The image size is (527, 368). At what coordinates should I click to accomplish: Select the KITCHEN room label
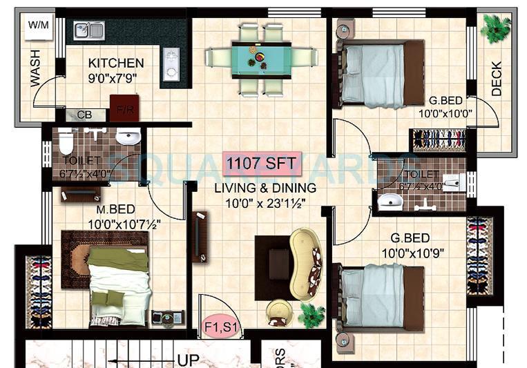(x=116, y=64)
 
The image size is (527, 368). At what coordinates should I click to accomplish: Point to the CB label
(x=84, y=115)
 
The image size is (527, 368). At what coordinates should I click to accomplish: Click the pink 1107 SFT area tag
(x=262, y=164)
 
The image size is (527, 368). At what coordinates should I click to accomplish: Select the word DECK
(x=497, y=79)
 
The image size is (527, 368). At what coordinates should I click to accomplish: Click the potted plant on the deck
(x=496, y=28)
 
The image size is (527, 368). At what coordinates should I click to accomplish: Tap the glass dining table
(x=259, y=57)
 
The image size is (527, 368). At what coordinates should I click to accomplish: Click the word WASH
(x=35, y=67)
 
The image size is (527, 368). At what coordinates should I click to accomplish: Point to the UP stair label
(x=189, y=360)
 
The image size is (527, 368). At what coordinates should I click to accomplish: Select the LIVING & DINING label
(x=265, y=188)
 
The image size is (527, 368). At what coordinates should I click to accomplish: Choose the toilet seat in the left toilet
(x=66, y=142)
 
